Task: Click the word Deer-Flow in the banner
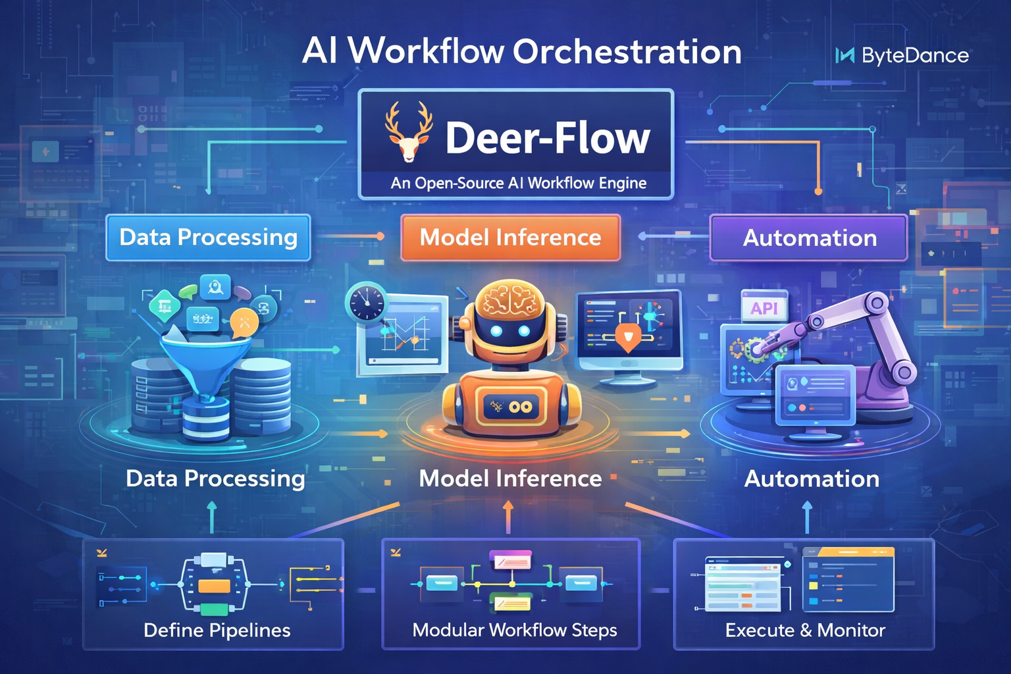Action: pos(547,138)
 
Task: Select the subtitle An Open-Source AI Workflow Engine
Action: pos(518,183)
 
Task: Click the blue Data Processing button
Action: pos(208,238)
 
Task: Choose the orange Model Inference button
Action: pos(510,238)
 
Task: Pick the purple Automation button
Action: pos(809,238)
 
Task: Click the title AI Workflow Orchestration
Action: pos(521,51)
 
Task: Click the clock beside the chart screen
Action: pos(366,303)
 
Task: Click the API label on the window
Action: pos(764,308)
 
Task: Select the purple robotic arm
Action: pos(869,342)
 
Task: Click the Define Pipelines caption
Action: pos(217,631)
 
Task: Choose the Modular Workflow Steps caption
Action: pos(514,631)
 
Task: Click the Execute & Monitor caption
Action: pos(805,631)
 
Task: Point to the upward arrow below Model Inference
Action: pos(507,515)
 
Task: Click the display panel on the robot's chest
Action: pos(511,407)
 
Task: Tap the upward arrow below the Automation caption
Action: pos(808,516)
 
